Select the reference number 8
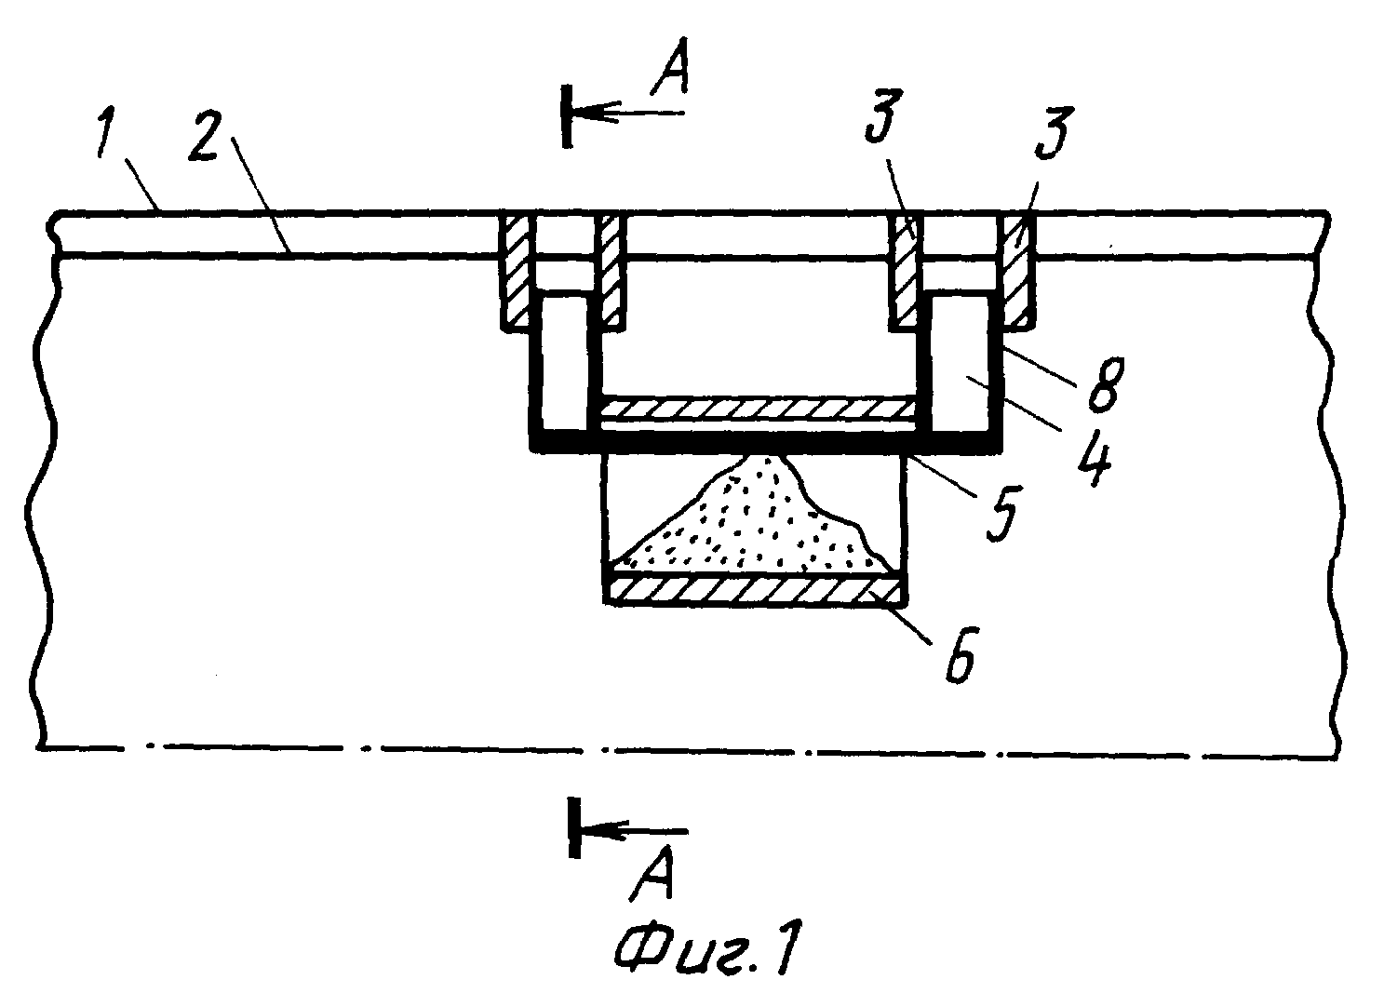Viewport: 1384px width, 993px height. (x=1106, y=383)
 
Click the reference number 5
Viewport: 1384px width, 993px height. (x=1003, y=514)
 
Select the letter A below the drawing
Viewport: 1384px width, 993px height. (x=652, y=873)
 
